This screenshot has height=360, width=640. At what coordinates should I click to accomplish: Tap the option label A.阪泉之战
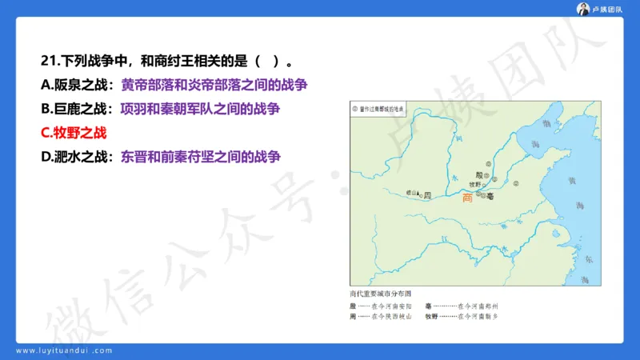(x=74, y=85)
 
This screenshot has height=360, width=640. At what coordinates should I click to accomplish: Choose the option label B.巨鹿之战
(x=74, y=109)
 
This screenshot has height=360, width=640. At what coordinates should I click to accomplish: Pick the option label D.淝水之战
(x=74, y=157)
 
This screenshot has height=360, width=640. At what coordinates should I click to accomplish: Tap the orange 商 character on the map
(x=467, y=198)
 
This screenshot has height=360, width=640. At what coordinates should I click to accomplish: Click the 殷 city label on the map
(x=478, y=174)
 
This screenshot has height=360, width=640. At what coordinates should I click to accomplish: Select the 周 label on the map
(x=428, y=194)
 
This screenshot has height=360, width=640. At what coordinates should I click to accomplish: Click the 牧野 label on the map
(x=475, y=183)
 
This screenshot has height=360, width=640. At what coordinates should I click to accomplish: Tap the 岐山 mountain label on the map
(x=412, y=193)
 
